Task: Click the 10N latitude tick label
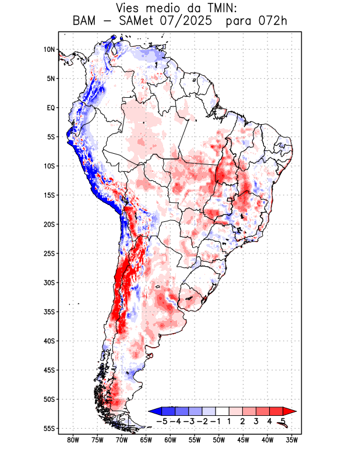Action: [49, 50]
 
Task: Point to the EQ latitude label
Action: [51, 108]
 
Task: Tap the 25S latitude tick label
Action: [49, 253]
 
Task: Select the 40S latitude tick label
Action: [49, 341]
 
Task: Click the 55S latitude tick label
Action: [49, 429]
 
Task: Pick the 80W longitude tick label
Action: [73, 440]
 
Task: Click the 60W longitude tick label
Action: [170, 440]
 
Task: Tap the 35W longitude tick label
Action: [291, 440]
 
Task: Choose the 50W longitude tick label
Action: [218, 440]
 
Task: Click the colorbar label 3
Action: [256, 421]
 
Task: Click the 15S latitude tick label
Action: [49, 195]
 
